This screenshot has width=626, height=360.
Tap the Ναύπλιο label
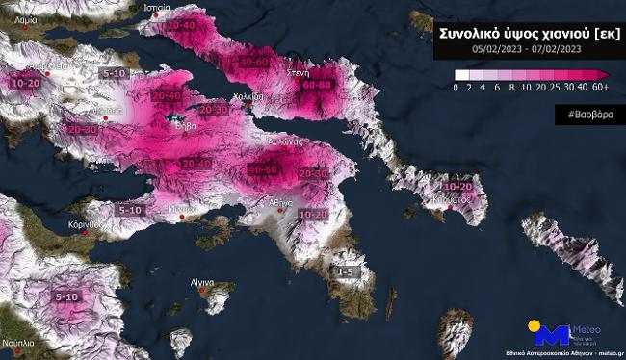[x=16, y=344]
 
